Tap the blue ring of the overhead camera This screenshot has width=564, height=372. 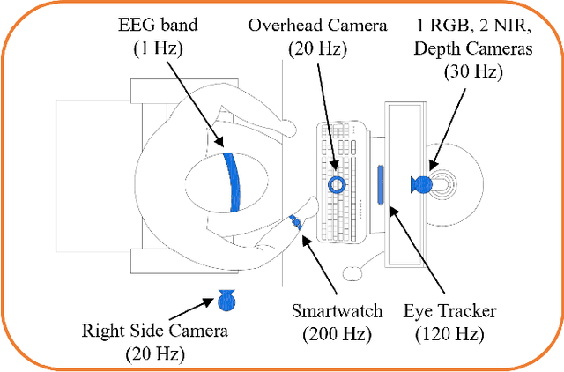(337, 184)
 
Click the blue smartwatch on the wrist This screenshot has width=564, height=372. (296, 223)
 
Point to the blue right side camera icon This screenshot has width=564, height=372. (226, 301)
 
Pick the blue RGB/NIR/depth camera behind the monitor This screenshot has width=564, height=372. (420, 184)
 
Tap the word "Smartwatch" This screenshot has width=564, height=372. (338, 310)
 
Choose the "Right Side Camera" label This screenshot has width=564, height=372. (154, 331)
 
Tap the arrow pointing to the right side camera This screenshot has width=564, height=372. (191, 309)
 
